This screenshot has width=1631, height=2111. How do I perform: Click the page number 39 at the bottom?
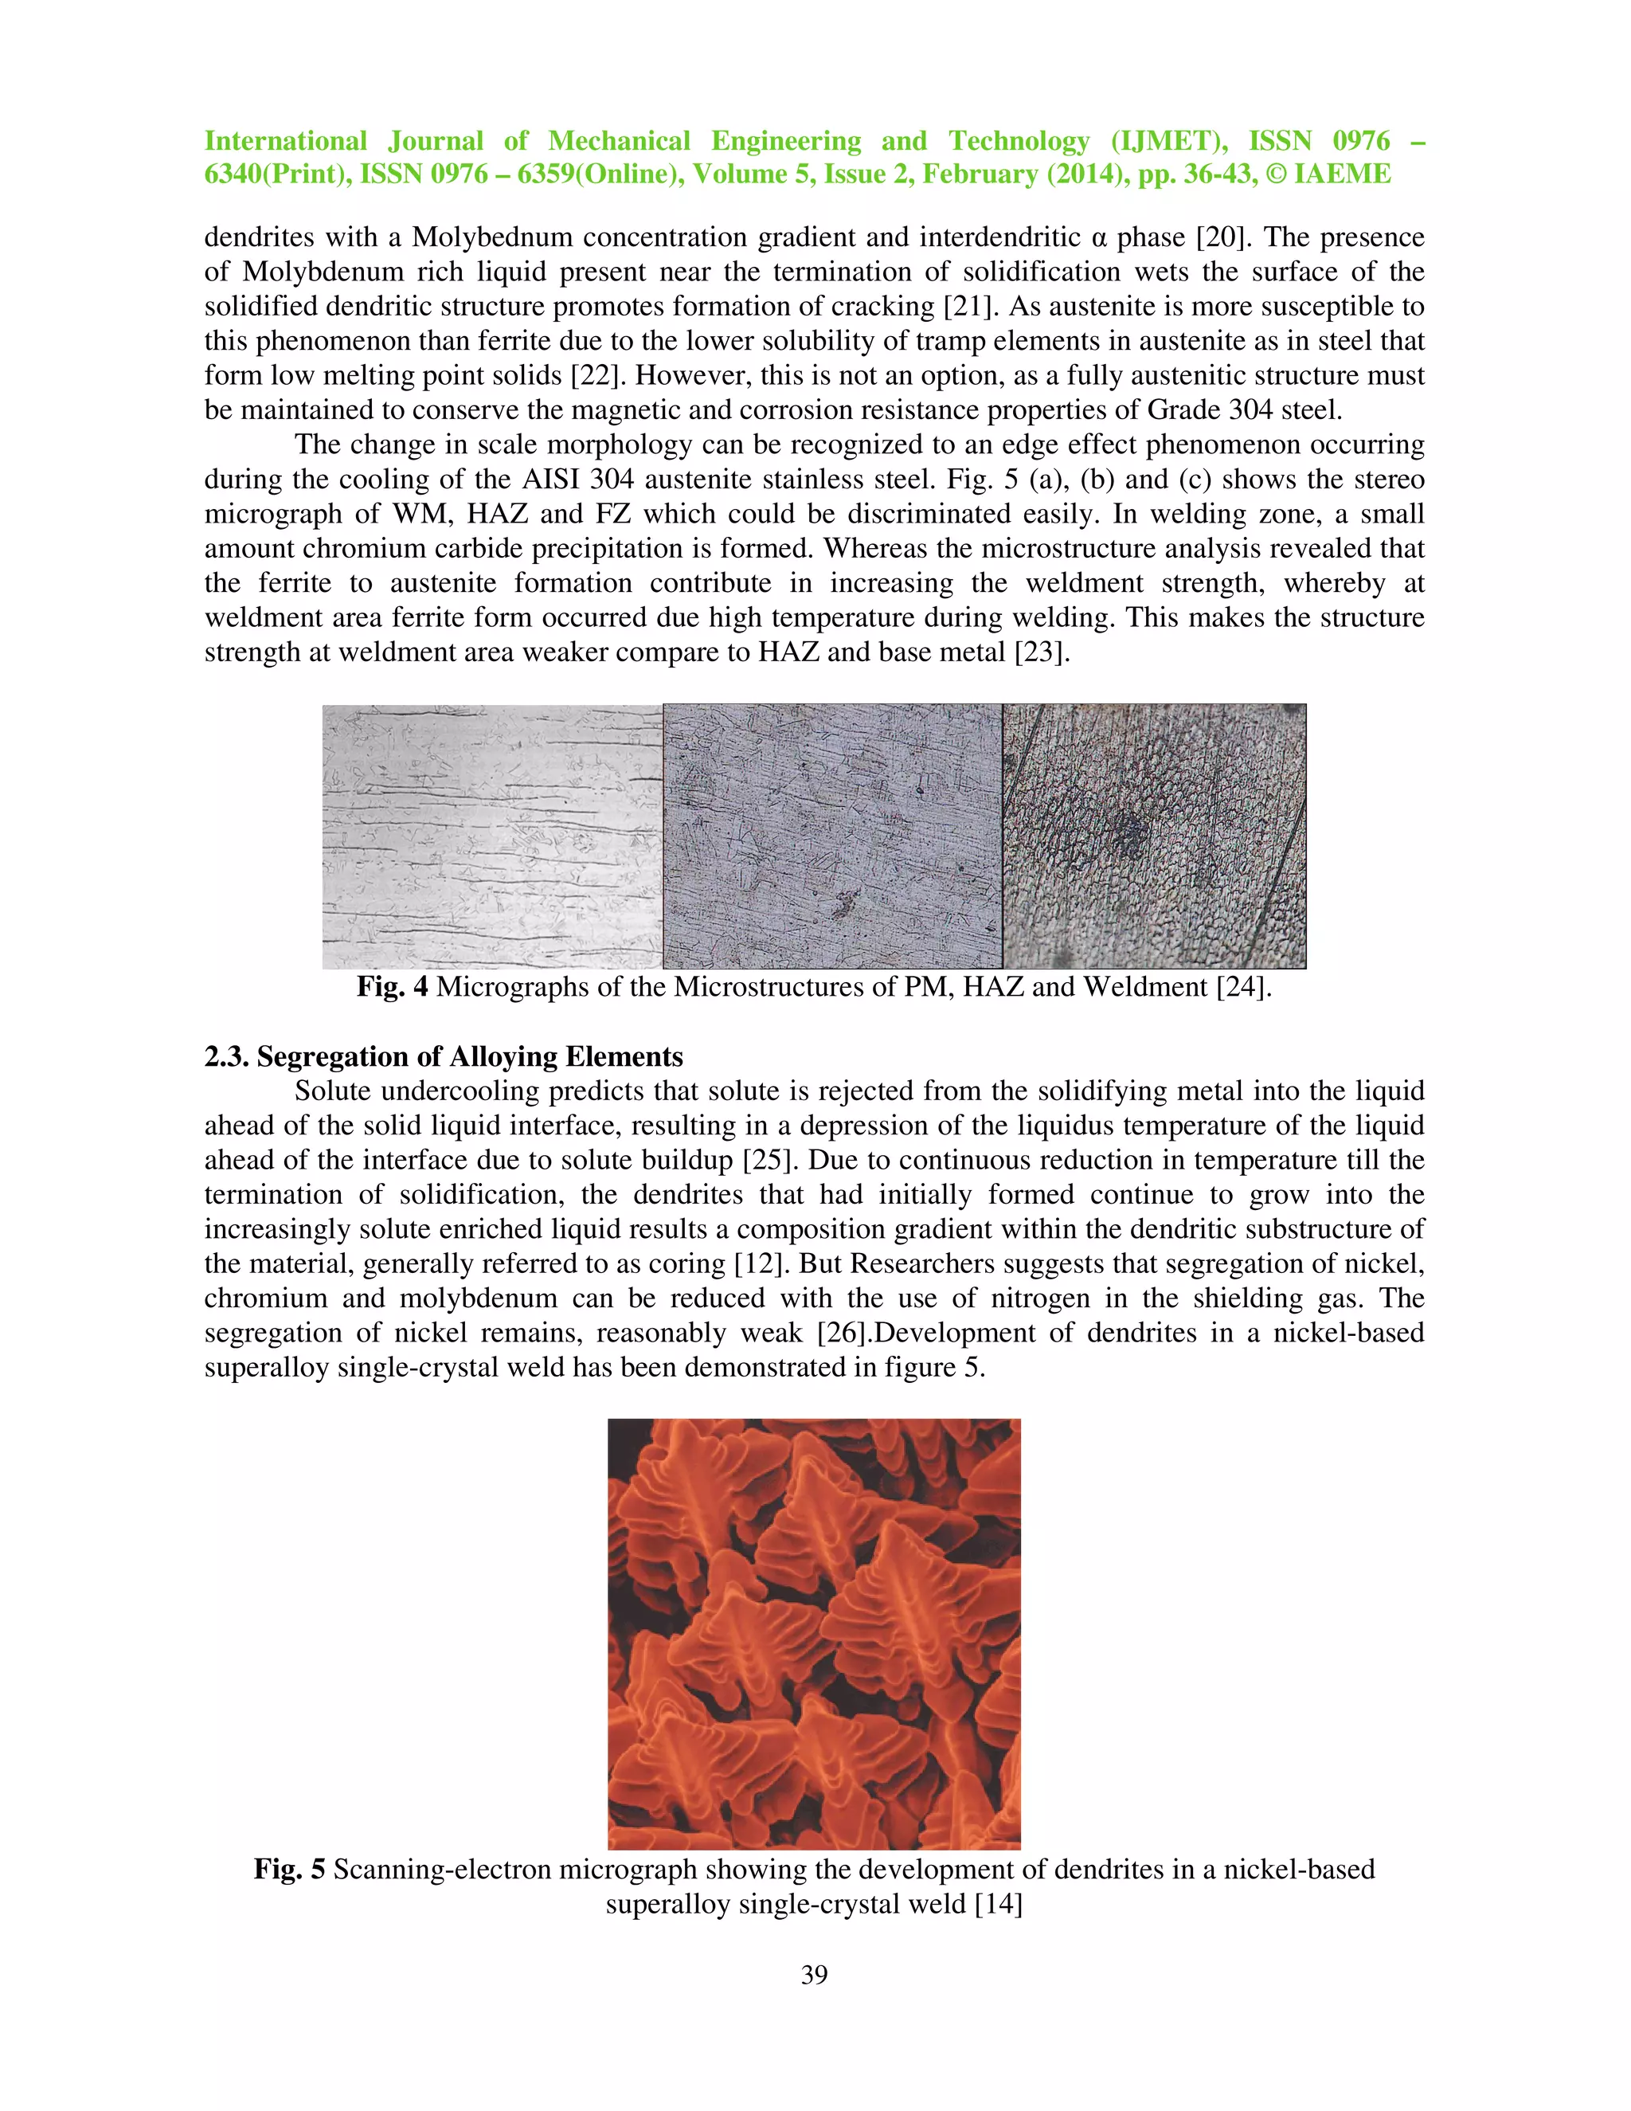(x=814, y=1975)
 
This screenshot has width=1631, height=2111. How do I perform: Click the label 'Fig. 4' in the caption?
(x=391, y=987)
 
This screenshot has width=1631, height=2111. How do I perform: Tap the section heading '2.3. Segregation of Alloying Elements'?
(x=444, y=1056)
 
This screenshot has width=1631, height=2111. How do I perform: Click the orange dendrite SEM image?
(x=814, y=1634)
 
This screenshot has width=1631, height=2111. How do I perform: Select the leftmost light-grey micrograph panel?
(x=492, y=836)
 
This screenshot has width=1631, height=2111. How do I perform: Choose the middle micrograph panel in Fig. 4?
(x=832, y=836)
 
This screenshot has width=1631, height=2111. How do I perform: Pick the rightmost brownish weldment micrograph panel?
(x=1154, y=836)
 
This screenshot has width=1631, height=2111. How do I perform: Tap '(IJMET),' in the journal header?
(x=1169, y=141)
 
